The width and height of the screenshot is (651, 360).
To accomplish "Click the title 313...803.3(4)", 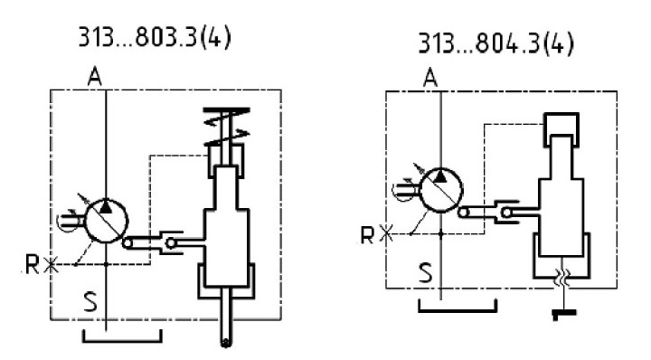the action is click(x=155, y=39).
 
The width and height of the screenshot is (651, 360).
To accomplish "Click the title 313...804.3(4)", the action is click(x=495, y=43).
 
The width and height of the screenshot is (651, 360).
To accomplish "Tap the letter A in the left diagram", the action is click(x=95, y=77).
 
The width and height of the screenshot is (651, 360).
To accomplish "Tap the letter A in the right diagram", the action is click(x=430, y=78).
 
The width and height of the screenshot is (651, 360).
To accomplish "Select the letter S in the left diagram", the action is click(x=90, y=301).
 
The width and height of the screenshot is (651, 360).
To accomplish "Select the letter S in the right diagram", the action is click(x=425, y=273).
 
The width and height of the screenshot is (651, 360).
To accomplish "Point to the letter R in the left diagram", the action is click(x=32, y=264).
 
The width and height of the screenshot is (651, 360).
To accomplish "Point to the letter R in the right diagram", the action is click(x=367, y=235).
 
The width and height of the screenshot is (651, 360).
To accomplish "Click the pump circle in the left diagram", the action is click(x=107, y=221).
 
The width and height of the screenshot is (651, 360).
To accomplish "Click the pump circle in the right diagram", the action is click(x=441, y=191).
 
